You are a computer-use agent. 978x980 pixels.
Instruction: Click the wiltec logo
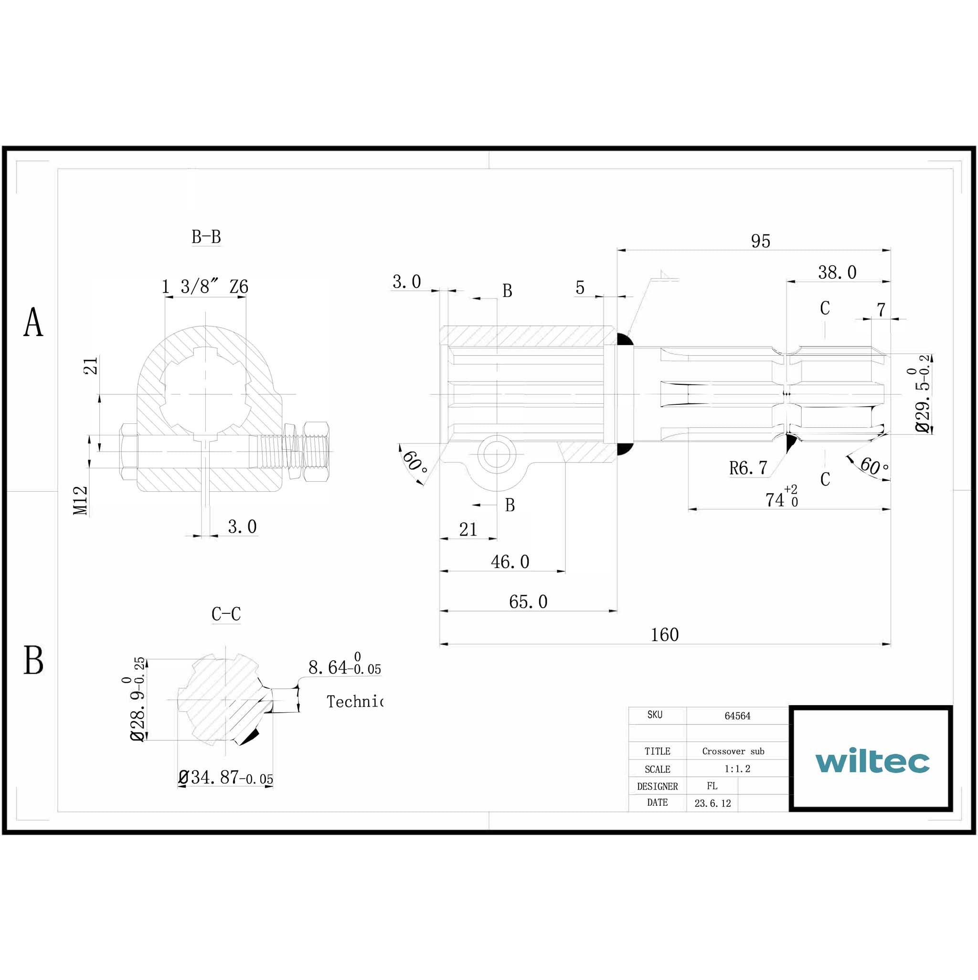coord(872,760)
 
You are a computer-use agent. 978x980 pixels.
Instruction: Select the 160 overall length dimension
coord(664,634)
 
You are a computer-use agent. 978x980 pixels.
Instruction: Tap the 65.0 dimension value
coord(528,601)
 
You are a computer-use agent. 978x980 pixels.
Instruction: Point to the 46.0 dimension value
coord(510,561)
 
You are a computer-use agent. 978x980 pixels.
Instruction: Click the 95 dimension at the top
coord(760,241)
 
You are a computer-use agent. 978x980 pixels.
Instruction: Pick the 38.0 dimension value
coord(837,273)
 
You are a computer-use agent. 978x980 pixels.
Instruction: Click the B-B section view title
coord(206,237)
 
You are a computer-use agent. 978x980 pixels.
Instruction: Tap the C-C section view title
coord(226,614)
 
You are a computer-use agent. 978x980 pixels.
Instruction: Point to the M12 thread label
coord(81,501)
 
